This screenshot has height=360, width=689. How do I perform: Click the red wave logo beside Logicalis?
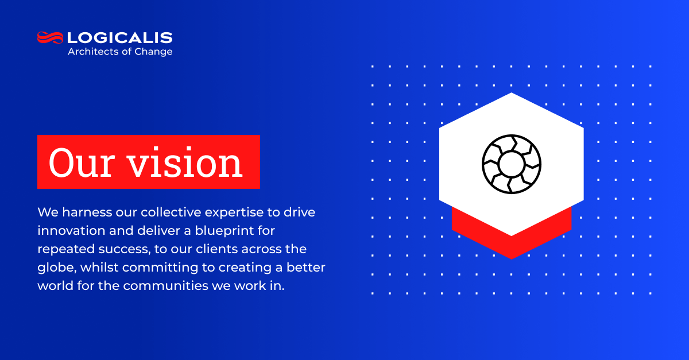coord(50,38)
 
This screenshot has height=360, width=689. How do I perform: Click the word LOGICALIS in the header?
coord(120,38)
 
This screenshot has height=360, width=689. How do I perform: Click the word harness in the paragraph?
coord(80,212)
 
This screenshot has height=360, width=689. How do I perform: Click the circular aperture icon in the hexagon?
coord(511,164)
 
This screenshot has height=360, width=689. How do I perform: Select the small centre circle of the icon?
coord(511,164)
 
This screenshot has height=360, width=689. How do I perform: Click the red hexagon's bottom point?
coord(512,257)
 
